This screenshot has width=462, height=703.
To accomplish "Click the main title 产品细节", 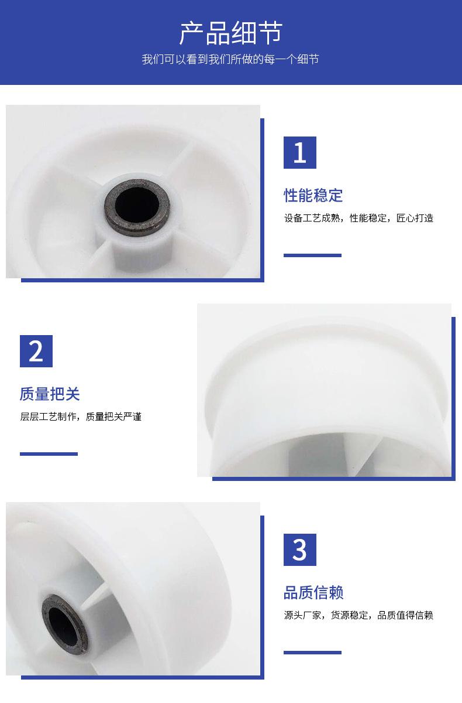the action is tap(231, 33).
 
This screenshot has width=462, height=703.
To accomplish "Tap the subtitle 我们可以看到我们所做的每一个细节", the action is tap(230, 59).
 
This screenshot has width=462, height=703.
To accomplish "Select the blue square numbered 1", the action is tap(300, 152).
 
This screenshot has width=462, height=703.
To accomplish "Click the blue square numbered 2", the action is tap(36, 351).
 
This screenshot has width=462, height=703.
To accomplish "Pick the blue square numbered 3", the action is tap(300, 550).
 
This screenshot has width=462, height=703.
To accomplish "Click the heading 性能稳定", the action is tap(313, 196).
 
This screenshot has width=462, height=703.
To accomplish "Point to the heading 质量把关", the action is tap(50, 394).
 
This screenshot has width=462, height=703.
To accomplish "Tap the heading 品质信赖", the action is tap(313, 592).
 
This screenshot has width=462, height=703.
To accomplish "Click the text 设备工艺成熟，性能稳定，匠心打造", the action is tap(358, 218).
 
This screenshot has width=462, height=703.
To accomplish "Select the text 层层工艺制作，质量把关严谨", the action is tap(81, 417).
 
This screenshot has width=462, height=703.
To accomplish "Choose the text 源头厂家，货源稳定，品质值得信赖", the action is tap(358, 615).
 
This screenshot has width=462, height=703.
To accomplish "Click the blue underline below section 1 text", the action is tap(312, 255).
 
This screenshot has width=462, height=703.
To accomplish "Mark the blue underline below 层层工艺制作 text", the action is tap(49, 454).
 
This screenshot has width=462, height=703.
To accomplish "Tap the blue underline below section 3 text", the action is tap(312, 653).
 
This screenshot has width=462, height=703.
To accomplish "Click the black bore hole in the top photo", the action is tap(137, 206).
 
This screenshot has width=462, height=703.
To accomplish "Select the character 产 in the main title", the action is tap(191, 33).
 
